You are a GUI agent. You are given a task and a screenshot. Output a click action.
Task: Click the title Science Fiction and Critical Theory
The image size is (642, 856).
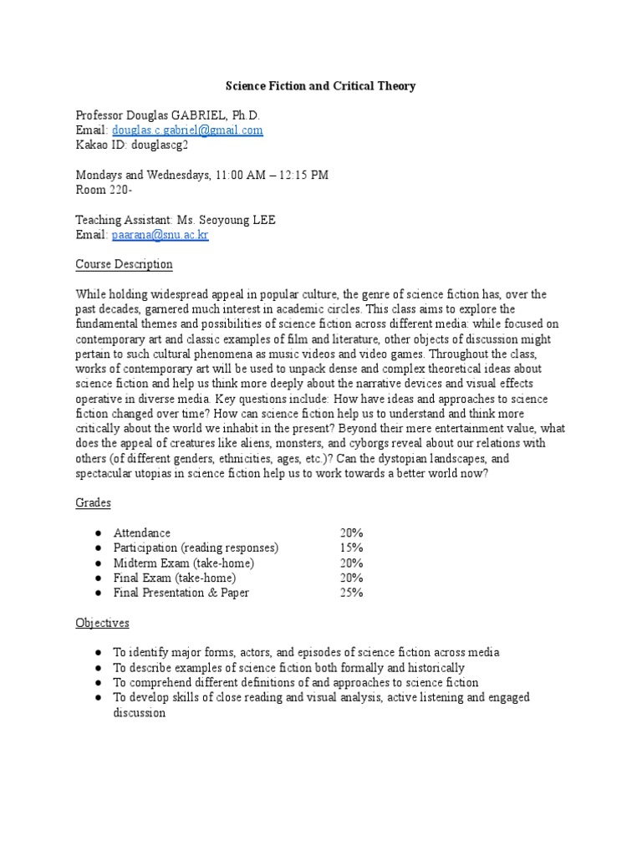(322, 86)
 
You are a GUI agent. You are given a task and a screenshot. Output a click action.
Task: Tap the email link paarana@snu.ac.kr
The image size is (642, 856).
(160, 236)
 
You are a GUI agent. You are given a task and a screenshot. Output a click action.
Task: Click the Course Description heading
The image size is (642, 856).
(124, 264)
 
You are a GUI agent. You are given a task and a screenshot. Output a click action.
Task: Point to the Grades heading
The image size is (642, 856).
(94, 504)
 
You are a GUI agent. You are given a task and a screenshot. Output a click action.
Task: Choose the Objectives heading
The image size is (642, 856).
(102, 623)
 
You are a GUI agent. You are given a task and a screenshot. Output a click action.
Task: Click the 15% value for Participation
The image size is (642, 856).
(351, 548)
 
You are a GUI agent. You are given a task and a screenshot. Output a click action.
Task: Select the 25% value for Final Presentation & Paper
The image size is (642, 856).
(351, 593)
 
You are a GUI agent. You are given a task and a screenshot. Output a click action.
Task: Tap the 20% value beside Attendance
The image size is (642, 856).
(351, 532)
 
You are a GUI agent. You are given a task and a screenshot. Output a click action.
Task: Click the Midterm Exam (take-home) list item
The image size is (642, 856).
(184, 563)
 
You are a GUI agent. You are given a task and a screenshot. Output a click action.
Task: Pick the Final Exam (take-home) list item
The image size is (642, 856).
(175, 578)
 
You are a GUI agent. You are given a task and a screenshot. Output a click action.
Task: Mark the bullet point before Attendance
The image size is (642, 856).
(98, 533)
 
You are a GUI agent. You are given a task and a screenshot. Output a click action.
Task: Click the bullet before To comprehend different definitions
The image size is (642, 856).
(98, 682)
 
